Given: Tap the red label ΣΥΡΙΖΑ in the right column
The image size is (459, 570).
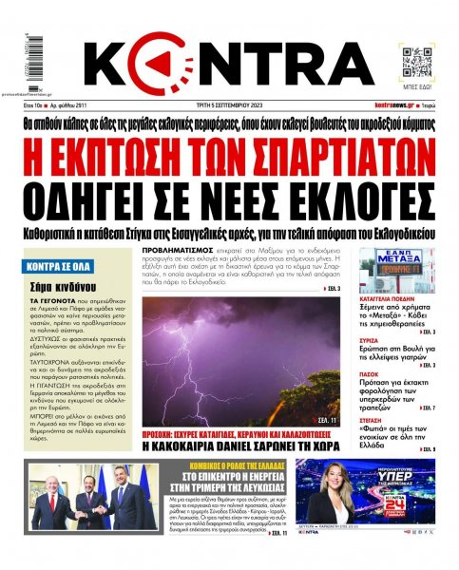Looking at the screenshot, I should pos(372,341).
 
